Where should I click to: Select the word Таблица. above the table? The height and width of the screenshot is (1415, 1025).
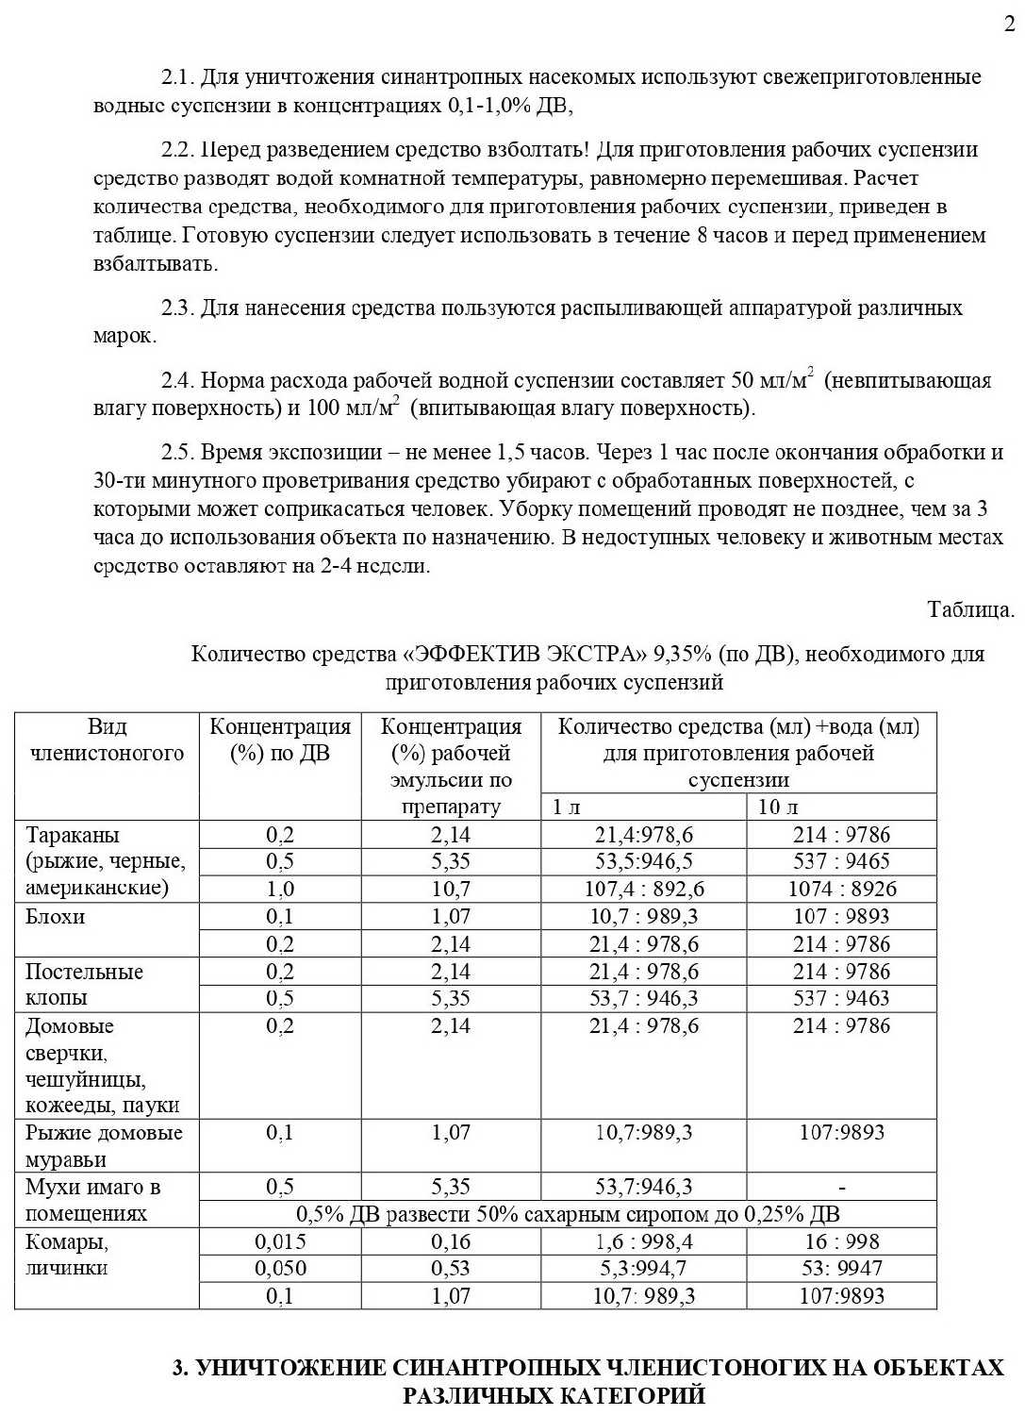970,609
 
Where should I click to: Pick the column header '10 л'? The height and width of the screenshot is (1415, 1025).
778,807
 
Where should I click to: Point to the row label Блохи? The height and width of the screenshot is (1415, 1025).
55,916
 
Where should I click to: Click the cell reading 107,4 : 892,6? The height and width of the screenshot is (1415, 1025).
644,889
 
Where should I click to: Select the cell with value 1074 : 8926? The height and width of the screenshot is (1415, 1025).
842,889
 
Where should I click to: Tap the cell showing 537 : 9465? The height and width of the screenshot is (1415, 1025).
842,861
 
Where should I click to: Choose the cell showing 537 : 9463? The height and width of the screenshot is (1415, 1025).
842,998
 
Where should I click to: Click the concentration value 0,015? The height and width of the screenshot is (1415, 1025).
280,1241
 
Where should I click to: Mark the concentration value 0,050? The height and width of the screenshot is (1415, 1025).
280,1269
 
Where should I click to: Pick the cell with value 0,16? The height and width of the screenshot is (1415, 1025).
451,1241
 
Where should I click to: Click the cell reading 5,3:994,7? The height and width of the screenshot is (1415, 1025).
644,1269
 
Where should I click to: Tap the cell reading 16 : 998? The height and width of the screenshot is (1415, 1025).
842,1241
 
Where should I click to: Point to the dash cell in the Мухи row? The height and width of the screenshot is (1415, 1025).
842,1188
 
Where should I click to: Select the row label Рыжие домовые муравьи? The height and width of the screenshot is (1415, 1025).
103,1145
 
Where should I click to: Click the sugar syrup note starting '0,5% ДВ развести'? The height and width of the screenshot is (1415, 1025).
568,1214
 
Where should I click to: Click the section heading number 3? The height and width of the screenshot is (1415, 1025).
181,1368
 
